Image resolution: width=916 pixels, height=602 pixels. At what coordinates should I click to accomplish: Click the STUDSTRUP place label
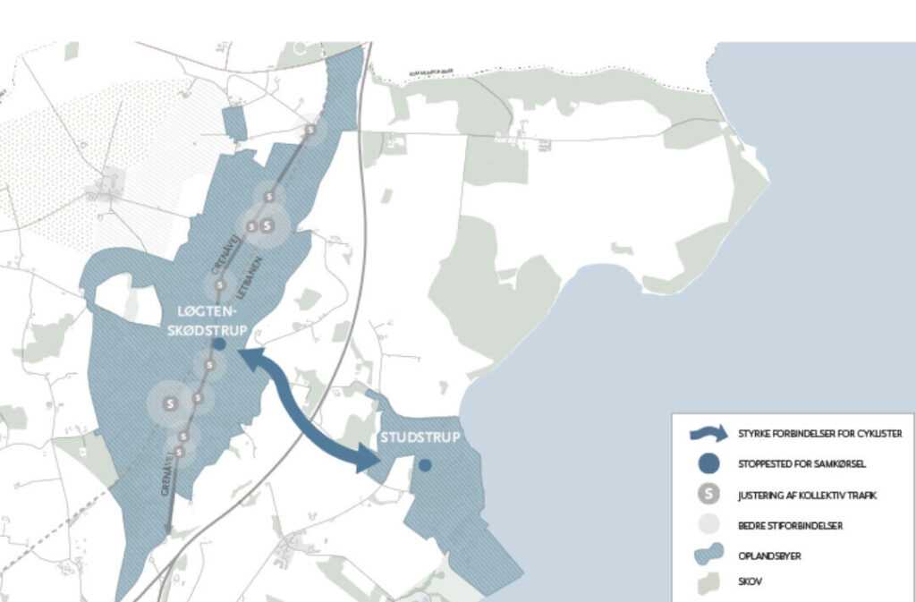pyautogui.click(x=420, y=437)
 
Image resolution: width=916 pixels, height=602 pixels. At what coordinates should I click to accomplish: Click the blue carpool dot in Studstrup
pyautogui.click(x=426, y=465)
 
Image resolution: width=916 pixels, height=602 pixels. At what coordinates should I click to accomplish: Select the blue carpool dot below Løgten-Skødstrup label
pyautogui.click(x=219, y=343)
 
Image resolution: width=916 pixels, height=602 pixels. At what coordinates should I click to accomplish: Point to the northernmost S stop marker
pyautogui.click(x=311, y=131)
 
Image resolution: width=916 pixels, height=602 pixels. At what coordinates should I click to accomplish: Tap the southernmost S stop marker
pyautogui.click(x=180, y=452)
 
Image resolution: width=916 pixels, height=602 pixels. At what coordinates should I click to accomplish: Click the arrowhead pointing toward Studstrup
pyautogui.click(x=369, y=460)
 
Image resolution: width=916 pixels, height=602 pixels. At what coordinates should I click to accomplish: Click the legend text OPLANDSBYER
pyautogui.click(x=769, y=555)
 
